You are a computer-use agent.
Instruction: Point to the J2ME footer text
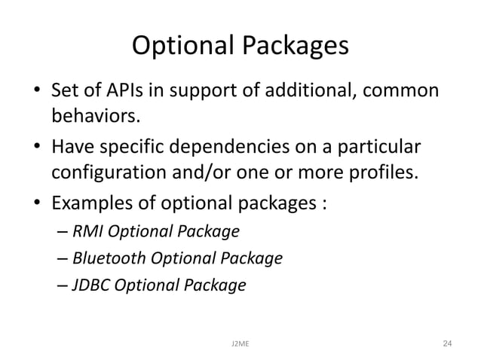[240, 343]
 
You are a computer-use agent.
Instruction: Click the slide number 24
[447, 343]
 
